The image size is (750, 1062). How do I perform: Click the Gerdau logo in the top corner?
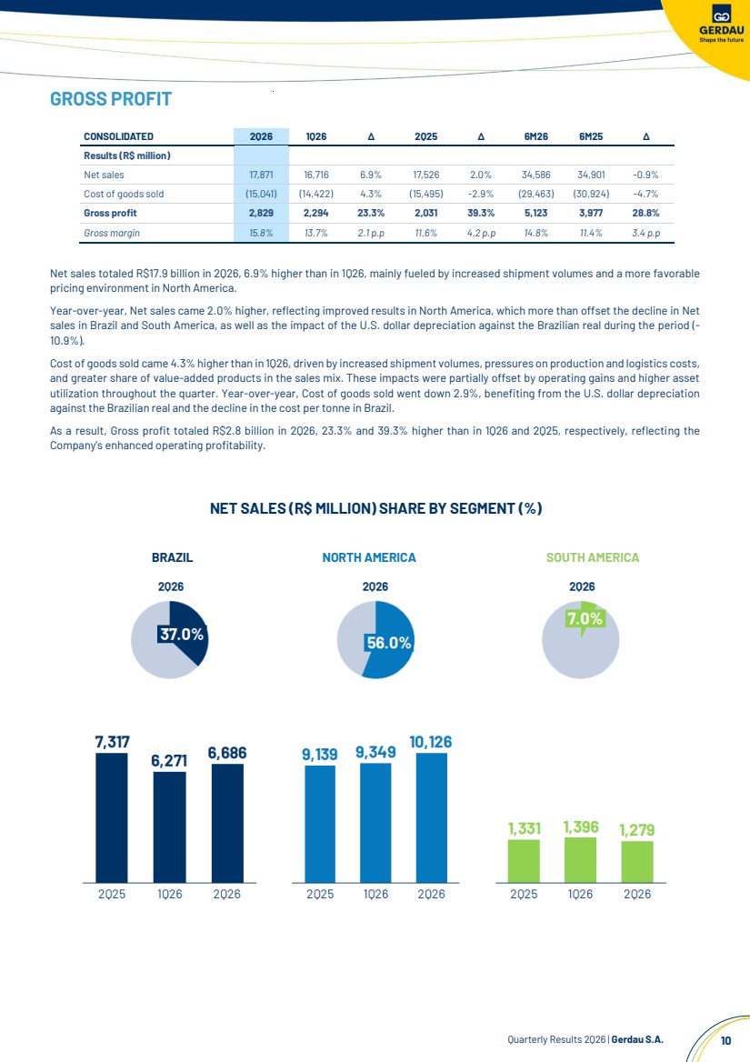[x=721, y=24]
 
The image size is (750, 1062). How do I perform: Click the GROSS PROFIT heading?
[x=111, y=99]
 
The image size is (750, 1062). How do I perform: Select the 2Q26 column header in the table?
[x=261, y=136]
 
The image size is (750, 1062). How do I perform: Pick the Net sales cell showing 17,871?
[x=261, y=175]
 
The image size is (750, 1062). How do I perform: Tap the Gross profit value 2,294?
[x=316, y=213]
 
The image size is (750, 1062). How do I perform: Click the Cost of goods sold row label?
[x=124, y=194]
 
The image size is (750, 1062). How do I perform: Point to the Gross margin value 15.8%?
[x=261, y=233]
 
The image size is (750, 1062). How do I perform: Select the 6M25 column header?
[x=591, y=136]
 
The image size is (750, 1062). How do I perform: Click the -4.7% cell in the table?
[x=645, y=194]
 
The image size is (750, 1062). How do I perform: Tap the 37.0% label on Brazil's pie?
[x=182, y=634]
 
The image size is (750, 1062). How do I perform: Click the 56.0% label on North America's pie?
[x=388, y=643]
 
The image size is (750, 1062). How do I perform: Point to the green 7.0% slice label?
[x=585, y=618]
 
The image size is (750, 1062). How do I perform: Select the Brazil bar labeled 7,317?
[x=112, y=817]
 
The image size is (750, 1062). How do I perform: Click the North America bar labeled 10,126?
[x=431, y=817]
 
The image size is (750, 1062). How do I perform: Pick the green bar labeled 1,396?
[x=580, y=860]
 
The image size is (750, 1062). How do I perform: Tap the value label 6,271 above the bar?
[x=169, y=761]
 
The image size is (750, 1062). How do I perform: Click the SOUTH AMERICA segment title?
[x=593, y=557]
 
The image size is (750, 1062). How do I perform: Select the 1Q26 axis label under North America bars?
[x=375, y=894]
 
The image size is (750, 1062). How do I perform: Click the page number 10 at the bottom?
[x=725, y=1040]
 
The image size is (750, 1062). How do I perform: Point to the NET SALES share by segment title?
[x=375, y=508]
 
